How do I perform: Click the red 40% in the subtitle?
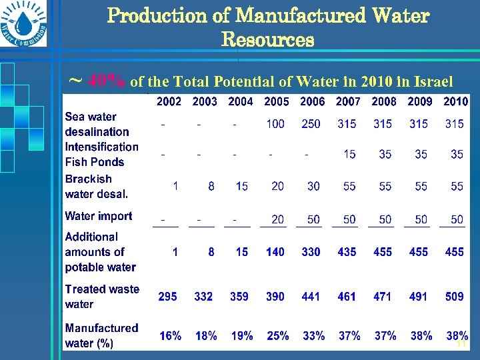[107, 82]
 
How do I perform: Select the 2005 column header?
[276, 101]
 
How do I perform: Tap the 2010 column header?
[455, 101]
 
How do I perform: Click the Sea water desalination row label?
[97, 125]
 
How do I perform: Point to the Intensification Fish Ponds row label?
[101, 154]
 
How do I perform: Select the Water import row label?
[98, 216]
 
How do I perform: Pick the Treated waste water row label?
[101, 297]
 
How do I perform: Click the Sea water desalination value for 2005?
[275, 124]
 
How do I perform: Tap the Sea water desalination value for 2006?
[311, 124]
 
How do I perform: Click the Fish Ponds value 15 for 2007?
[349, 155]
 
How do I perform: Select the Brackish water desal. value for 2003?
[211, 187]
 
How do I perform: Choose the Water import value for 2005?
[277, 219]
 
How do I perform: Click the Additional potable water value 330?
[311, 252]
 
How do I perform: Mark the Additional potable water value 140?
[275, 252]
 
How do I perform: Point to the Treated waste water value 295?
[167, 297]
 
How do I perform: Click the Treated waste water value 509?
[454, 297]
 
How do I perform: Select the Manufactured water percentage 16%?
[170, 336]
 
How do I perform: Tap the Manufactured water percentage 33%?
[313, 336]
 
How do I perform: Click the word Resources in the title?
[267, 40]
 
